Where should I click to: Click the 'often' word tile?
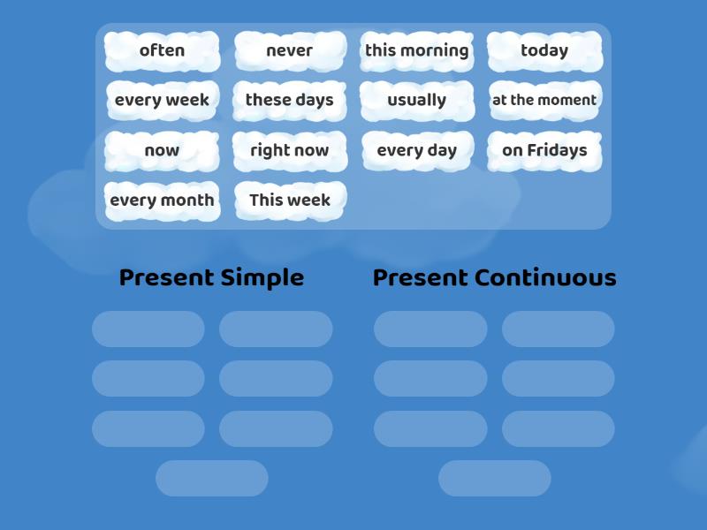pos(162,51)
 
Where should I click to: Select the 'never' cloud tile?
pos(289,51)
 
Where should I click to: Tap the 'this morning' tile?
pos(416,51)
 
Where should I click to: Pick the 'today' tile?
pos(544,51)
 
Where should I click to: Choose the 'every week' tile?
pos(162,101)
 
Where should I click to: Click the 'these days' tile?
pos(289,101)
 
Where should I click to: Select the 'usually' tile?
pos(416,101)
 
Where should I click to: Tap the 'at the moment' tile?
pos(544,101)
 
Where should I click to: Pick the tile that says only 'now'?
pos(162,151)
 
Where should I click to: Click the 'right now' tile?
pos(289,151)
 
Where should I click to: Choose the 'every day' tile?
pos(416,151)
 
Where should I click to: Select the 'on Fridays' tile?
pos(544,151)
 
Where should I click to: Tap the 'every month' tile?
pos(162,201)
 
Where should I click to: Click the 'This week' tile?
pos(289,201)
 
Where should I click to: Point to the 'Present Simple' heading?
pos(211,277)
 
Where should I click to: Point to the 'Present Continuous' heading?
pos(494,277)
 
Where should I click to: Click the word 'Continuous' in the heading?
pos(545,277)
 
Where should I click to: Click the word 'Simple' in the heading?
pos(262,277)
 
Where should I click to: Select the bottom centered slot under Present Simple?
pos(212,478)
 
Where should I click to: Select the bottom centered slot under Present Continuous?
pos(495,478)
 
